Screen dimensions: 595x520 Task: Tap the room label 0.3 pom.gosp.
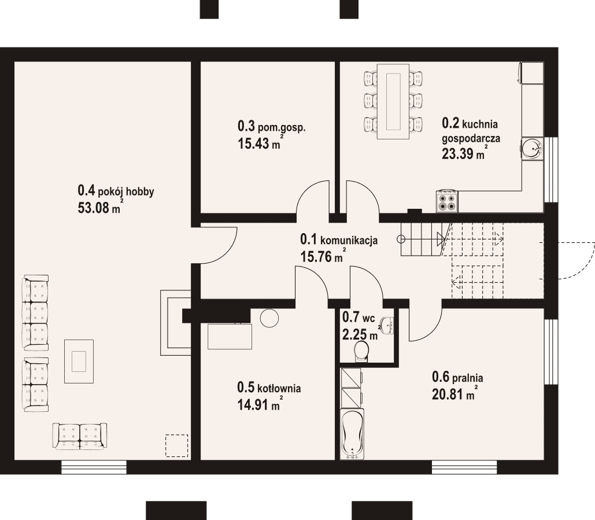[272, 126]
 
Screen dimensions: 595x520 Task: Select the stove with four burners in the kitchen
[447, 201]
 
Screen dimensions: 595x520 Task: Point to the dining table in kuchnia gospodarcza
[393, 101]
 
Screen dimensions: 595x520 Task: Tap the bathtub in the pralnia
[353, 433]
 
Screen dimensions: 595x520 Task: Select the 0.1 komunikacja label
[338, 239]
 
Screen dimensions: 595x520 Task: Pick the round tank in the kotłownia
[269, 318]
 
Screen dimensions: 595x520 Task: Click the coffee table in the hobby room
[79, 362]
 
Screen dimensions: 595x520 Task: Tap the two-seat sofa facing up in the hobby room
[80, 437]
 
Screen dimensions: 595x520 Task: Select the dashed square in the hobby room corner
[176, 445]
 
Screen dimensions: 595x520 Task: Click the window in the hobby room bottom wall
[94, 467]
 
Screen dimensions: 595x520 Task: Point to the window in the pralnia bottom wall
[464, 467]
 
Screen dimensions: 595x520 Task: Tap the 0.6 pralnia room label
[457, 377]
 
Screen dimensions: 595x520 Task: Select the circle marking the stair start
[401, 239]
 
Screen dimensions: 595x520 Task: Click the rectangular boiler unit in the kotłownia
[230, 336]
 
